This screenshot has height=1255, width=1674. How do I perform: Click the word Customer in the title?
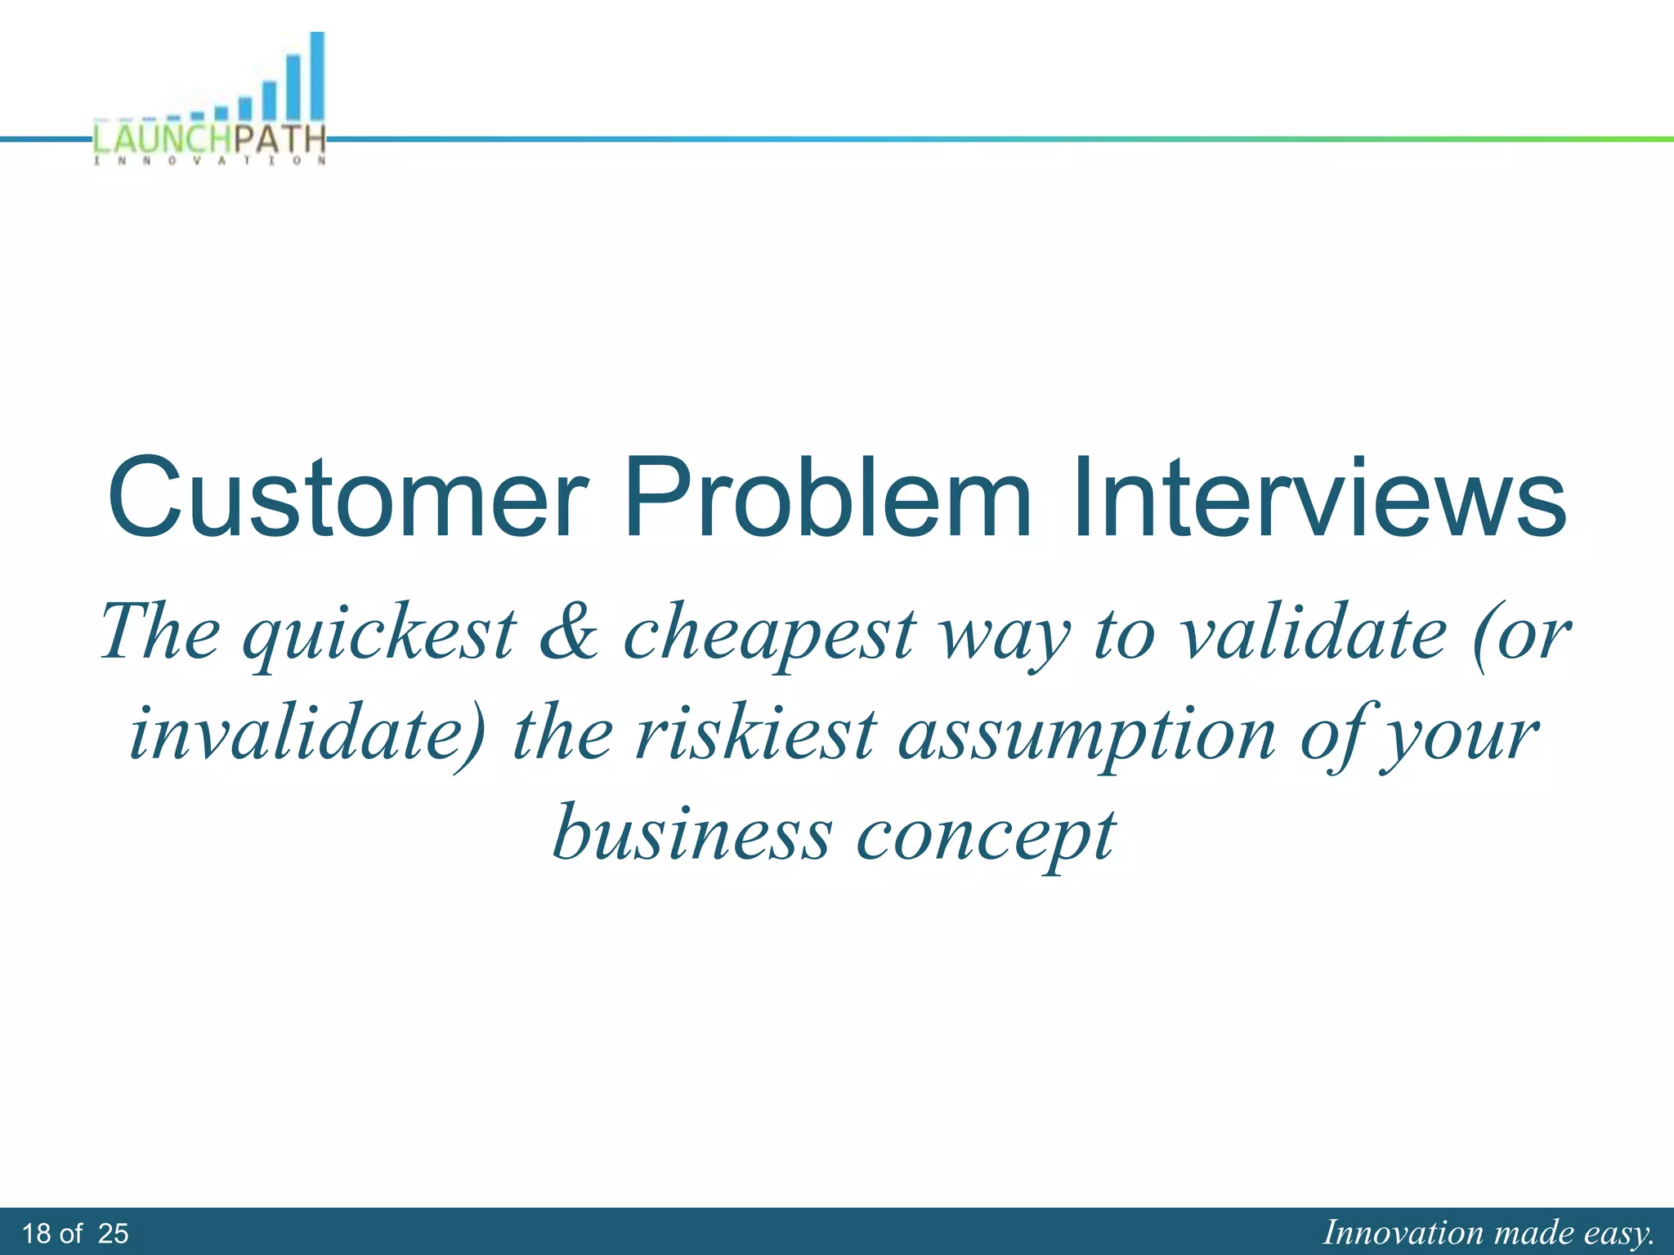click(x=347, y=498)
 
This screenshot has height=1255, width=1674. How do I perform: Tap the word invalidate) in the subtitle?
click(x=307, y=734)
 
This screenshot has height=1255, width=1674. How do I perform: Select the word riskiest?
click(x=756, y=734)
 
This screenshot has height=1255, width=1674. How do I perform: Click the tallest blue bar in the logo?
click(x=317, y=78)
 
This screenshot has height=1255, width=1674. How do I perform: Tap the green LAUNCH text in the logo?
click(x=162, y=139)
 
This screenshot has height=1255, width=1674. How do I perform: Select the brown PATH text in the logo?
click(x=279, y=139)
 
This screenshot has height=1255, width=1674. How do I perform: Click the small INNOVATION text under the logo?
click(x=211, y=161)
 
